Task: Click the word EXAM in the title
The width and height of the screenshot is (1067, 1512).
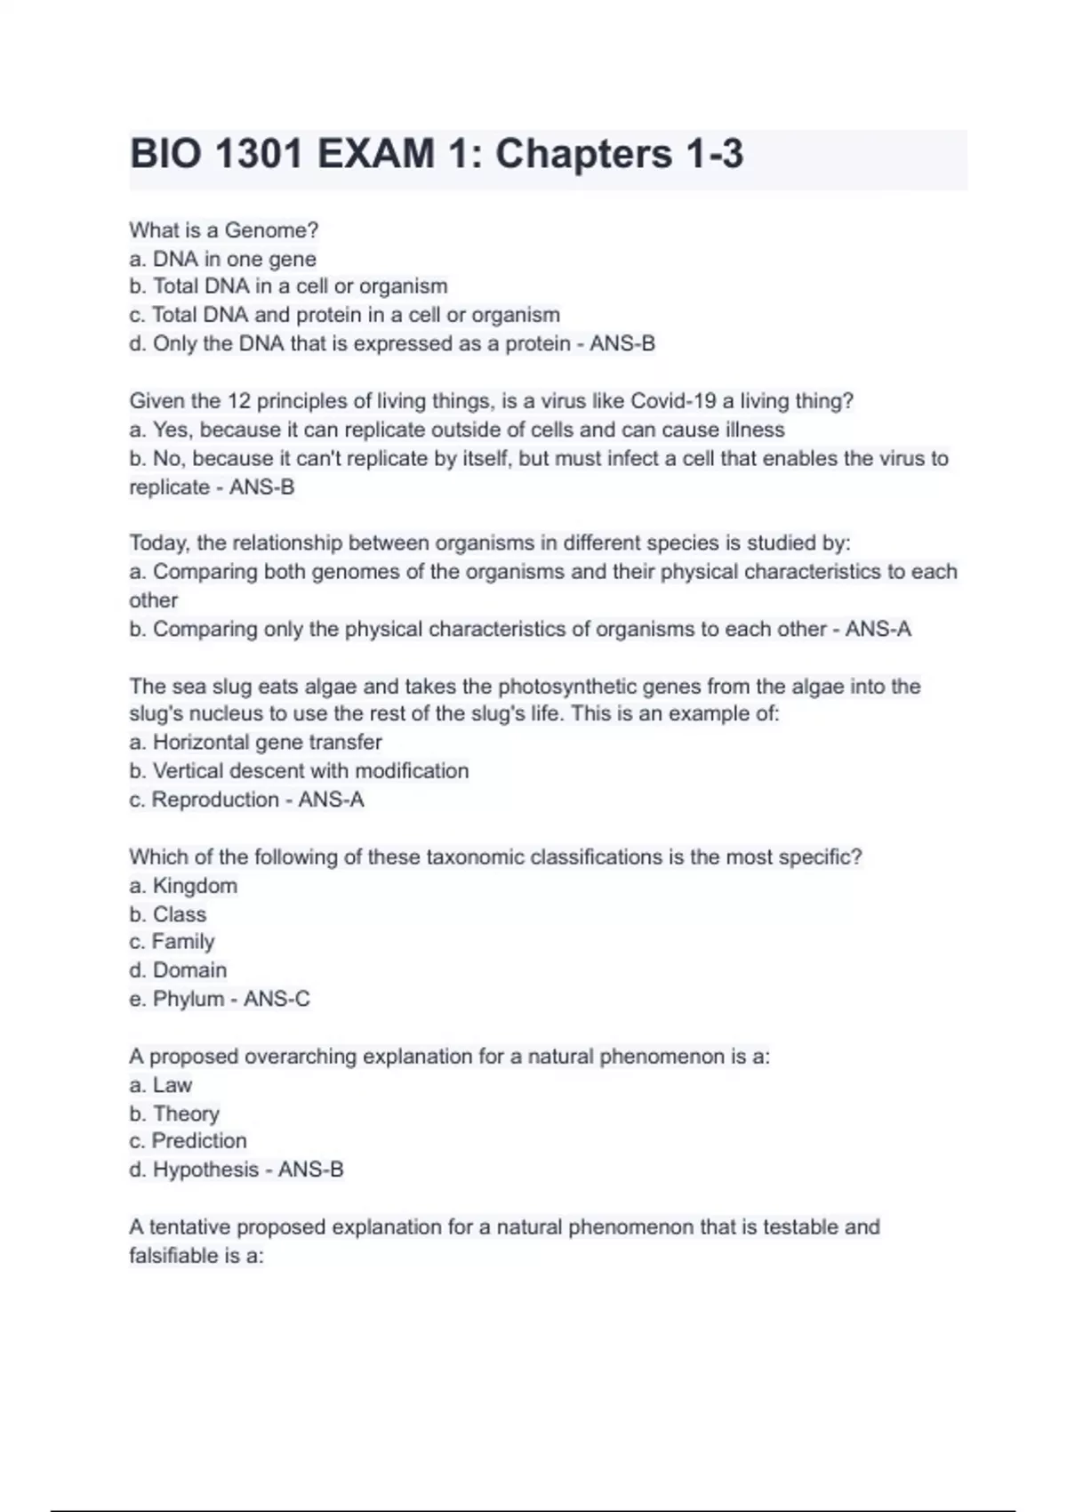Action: [376, 154]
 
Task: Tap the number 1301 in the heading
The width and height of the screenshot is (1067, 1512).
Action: [259, 154]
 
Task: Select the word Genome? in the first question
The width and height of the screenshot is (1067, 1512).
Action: [271, 230]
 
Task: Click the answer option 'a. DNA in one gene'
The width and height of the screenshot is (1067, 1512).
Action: [222, 259]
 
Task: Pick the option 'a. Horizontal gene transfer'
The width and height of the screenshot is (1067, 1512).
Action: [255, 742]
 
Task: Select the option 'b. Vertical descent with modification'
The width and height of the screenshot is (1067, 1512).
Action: [299, 770]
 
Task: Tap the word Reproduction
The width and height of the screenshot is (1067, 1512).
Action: [215, 800]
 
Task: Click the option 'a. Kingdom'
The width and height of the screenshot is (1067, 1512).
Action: [183, 886]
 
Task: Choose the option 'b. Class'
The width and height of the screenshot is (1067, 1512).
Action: [167, 914]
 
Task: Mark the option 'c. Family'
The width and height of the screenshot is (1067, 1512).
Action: [172, 942]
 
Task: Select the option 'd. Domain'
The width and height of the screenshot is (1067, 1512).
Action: [178, 970]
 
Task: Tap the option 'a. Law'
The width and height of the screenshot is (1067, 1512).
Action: [160, 1085]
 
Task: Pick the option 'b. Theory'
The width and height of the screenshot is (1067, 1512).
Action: [174, 1114]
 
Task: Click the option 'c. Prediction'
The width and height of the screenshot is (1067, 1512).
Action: [188, 1141]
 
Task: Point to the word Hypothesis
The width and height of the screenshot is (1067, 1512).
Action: [205, 1170]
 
